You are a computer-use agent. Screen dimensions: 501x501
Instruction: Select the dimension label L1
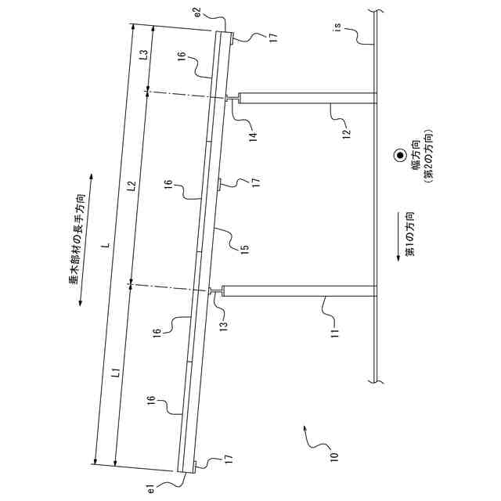tap(115, 374)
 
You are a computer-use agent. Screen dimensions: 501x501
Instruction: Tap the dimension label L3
tap(143, 55)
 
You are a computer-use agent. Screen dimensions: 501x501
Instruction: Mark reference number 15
tap(244, 249)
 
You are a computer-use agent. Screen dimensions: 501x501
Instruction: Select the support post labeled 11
tap(297, 292)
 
